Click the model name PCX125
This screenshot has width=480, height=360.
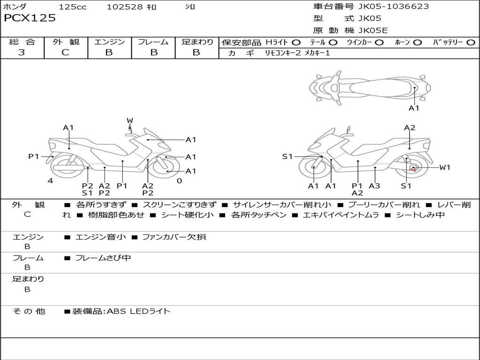point(30,18)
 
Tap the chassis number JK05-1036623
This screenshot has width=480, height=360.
point(393,6)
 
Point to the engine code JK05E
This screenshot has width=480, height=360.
point(373,30)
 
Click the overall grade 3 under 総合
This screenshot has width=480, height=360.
point(22,52)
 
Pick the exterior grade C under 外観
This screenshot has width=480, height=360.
point(66,52)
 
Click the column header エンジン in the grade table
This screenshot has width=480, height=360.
point(109,42)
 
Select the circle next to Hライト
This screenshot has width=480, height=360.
point(296,43)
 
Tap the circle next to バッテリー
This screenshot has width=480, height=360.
point(471,43)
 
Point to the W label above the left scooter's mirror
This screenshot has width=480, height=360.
point(130,120)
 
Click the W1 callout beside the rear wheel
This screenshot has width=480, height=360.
point(445,167)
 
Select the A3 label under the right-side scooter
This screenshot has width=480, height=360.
point(375,186)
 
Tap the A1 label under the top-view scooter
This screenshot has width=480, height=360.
point(414,108)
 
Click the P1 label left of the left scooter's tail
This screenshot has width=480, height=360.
point(34,157)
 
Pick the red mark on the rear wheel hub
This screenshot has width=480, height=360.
point(412,169)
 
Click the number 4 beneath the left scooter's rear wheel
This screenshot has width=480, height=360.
point(50,180)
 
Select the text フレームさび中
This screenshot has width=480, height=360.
point(103,258)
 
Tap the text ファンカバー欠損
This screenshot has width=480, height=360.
point(174,237)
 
